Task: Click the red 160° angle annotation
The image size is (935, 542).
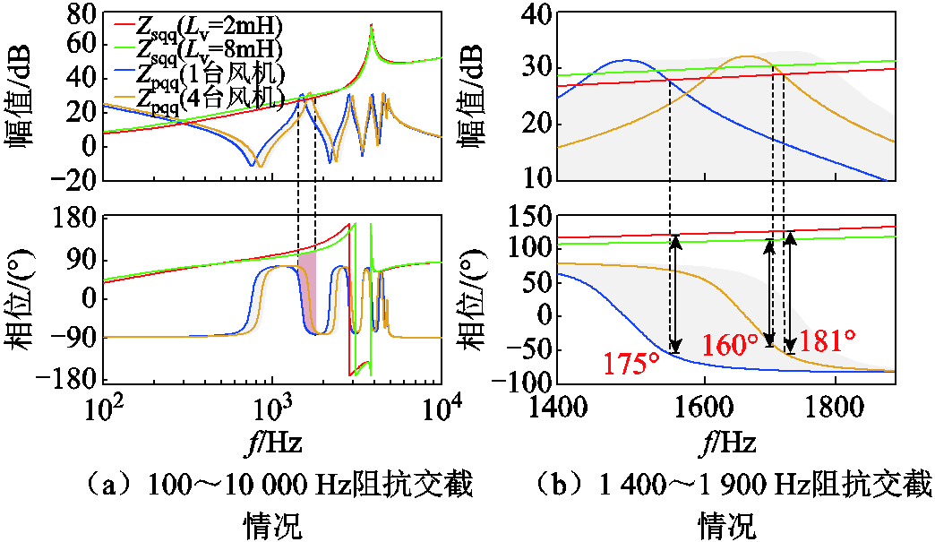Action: point(730,345)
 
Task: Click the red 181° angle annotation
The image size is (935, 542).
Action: point(827,341)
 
